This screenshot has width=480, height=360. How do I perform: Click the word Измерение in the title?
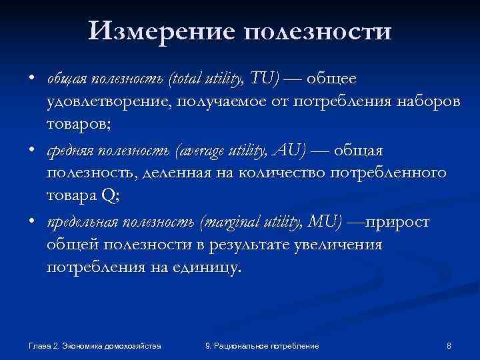163,30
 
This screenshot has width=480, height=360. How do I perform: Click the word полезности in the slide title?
319,30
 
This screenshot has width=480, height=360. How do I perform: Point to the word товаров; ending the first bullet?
75,123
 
